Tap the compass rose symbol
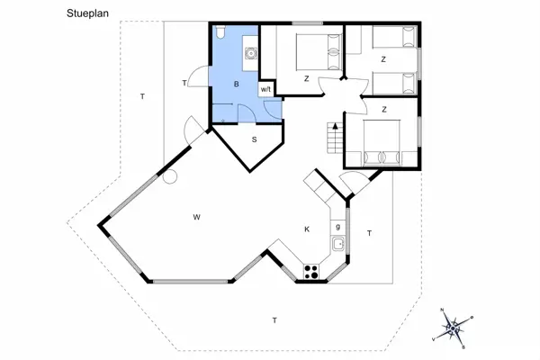pyautogui.click(x=455, y=326)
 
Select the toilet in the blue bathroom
pyautogui.click(x=220, y=33)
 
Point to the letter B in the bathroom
pyautogui.click(x=236, y=84)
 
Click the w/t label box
pyautogui.click(x=265, y=89)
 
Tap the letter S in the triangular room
pyautogui.click(x=255, y=139)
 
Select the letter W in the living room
pyautogui.click(x=195, y=217)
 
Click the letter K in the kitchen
pyautogui.click(x=307, y=229)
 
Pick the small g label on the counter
pyautogui.click(x=338, y=225)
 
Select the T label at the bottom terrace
pyautogui.click(x=274, y=320)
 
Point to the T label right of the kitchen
pyautogui.click(x=369, y=233)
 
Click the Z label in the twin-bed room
pyautogui.click(x=383, y=59)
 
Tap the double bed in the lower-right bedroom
pyautogui.click(x=382, y=143)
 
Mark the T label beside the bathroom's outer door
pyautogui.click(x=184, y=83)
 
